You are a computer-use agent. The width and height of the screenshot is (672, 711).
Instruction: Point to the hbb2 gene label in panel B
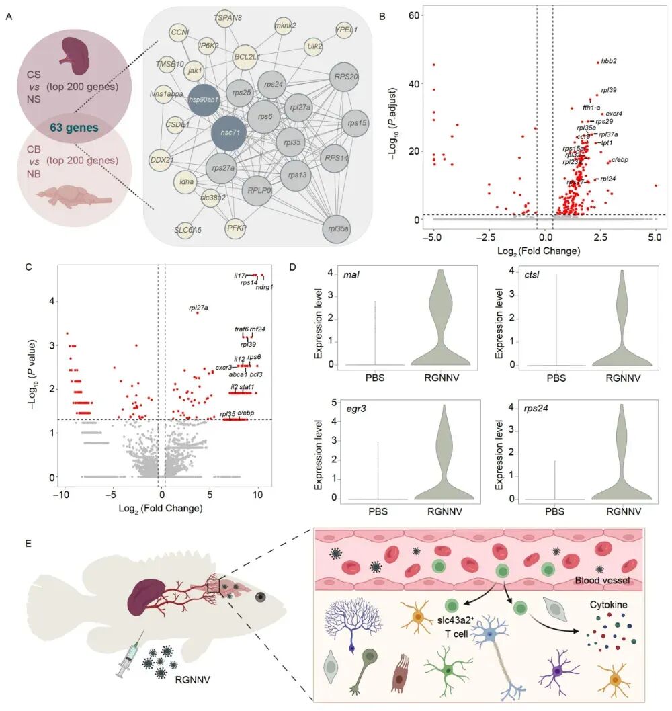pyautogui.click(x=609, y=61)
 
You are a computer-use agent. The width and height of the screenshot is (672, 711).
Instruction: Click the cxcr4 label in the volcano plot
pyautogui.click(x=614, y=114)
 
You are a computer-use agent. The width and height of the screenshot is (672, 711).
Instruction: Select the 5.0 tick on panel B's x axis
pyautogui.click(x=656, y=237)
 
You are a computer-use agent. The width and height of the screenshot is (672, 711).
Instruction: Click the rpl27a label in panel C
pyautogui.click(x=197, y=308)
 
